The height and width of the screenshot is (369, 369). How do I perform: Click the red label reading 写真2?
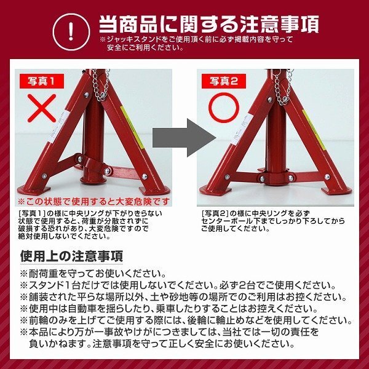click(224, 80)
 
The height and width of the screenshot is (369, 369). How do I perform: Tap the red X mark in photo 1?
click(44, 109)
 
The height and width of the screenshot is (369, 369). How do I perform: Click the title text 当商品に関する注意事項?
click(208, 23)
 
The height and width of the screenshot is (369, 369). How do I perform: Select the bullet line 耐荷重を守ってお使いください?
click(93, 273)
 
